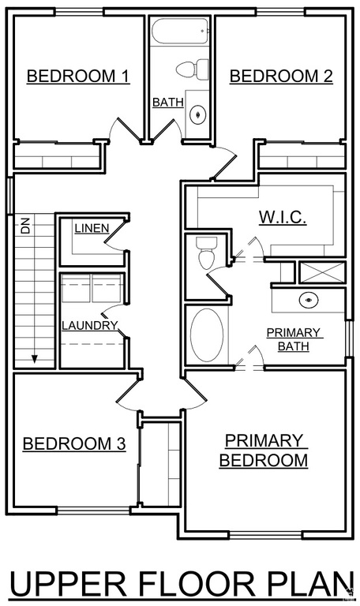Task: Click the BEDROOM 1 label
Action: coord(77,76)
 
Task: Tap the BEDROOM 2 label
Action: coord(282,76)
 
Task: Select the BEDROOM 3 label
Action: coord(74,443)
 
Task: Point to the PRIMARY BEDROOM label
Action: coord(264,451)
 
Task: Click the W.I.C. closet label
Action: coord(283,217)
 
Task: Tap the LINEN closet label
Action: coord(92,228)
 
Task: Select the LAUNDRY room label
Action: coord(90,325)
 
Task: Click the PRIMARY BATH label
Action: coord(294,339)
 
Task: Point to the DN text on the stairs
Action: coord(25,227)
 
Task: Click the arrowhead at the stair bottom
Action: coord(35,359)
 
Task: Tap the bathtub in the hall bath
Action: coord(181,32)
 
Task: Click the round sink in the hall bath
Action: coord(198,114)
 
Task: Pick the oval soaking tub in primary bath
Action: coord(207,335)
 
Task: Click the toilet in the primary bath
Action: coord(205,252)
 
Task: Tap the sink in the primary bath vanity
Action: coord(309,300)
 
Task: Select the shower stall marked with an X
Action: coord(322,272)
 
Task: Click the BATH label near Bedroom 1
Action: coord(168,103)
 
